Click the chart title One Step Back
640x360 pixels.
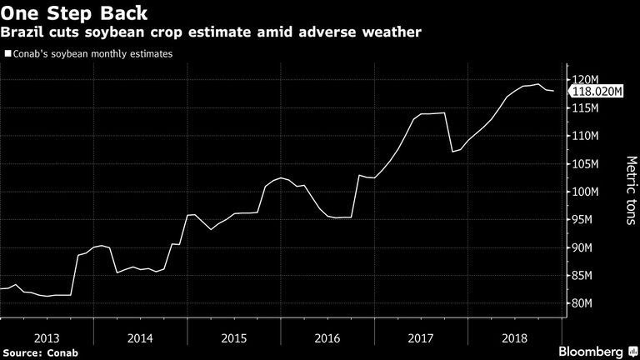pos(74,12)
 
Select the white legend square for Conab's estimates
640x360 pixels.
pos(8,53)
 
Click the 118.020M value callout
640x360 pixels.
pos(597,91)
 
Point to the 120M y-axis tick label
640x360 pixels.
pos(585,80)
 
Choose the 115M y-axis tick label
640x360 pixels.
pos(585,108)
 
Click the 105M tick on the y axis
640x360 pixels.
pos(585,163)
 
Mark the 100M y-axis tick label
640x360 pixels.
pos(585,192)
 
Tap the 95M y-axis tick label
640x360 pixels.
pos(582,220)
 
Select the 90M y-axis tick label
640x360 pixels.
pos(582,247)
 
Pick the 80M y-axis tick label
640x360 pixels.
pos(582,303)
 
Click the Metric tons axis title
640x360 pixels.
pos(631,190)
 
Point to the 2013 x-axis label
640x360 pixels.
pos(47,338)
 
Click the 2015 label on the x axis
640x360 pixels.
pos(234,338)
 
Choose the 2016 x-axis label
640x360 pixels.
pos(327,338)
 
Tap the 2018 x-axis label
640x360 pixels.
pos(515,338)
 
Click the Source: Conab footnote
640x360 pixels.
pos(40,352)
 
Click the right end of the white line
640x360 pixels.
pos(553,91)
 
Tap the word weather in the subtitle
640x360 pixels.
pos(392,32)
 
